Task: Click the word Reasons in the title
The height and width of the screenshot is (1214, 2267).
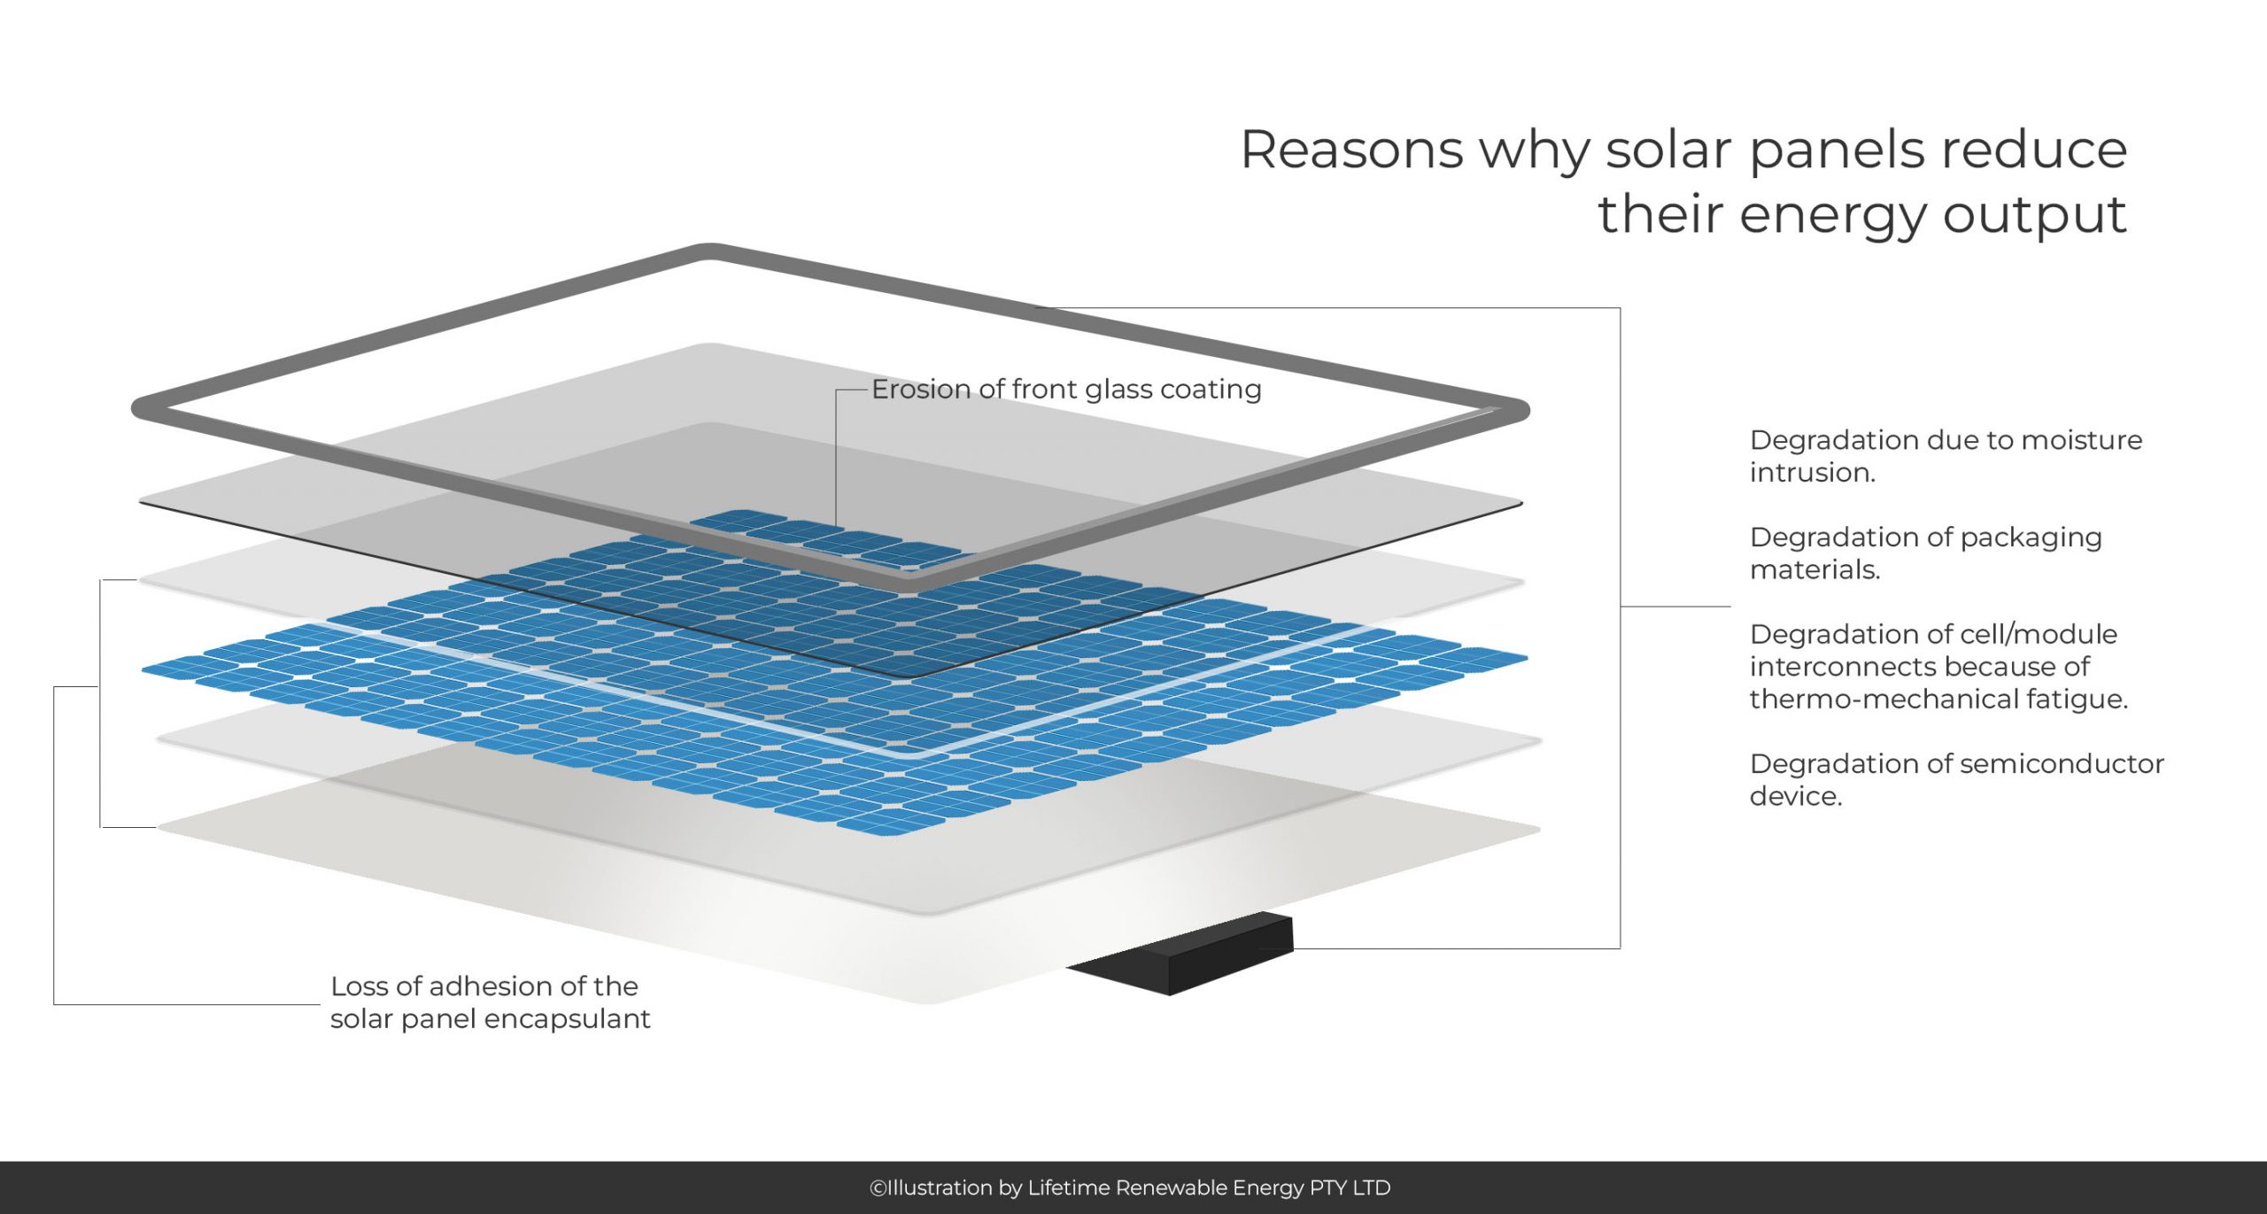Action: coord(1352,150)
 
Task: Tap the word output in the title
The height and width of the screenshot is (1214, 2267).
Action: coord(2035,215)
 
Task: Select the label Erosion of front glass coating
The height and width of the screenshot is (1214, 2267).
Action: coord(1066,390)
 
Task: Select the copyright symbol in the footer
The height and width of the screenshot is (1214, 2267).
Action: coord(878,1188)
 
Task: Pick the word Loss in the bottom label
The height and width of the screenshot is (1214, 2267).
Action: coord(359,986)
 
